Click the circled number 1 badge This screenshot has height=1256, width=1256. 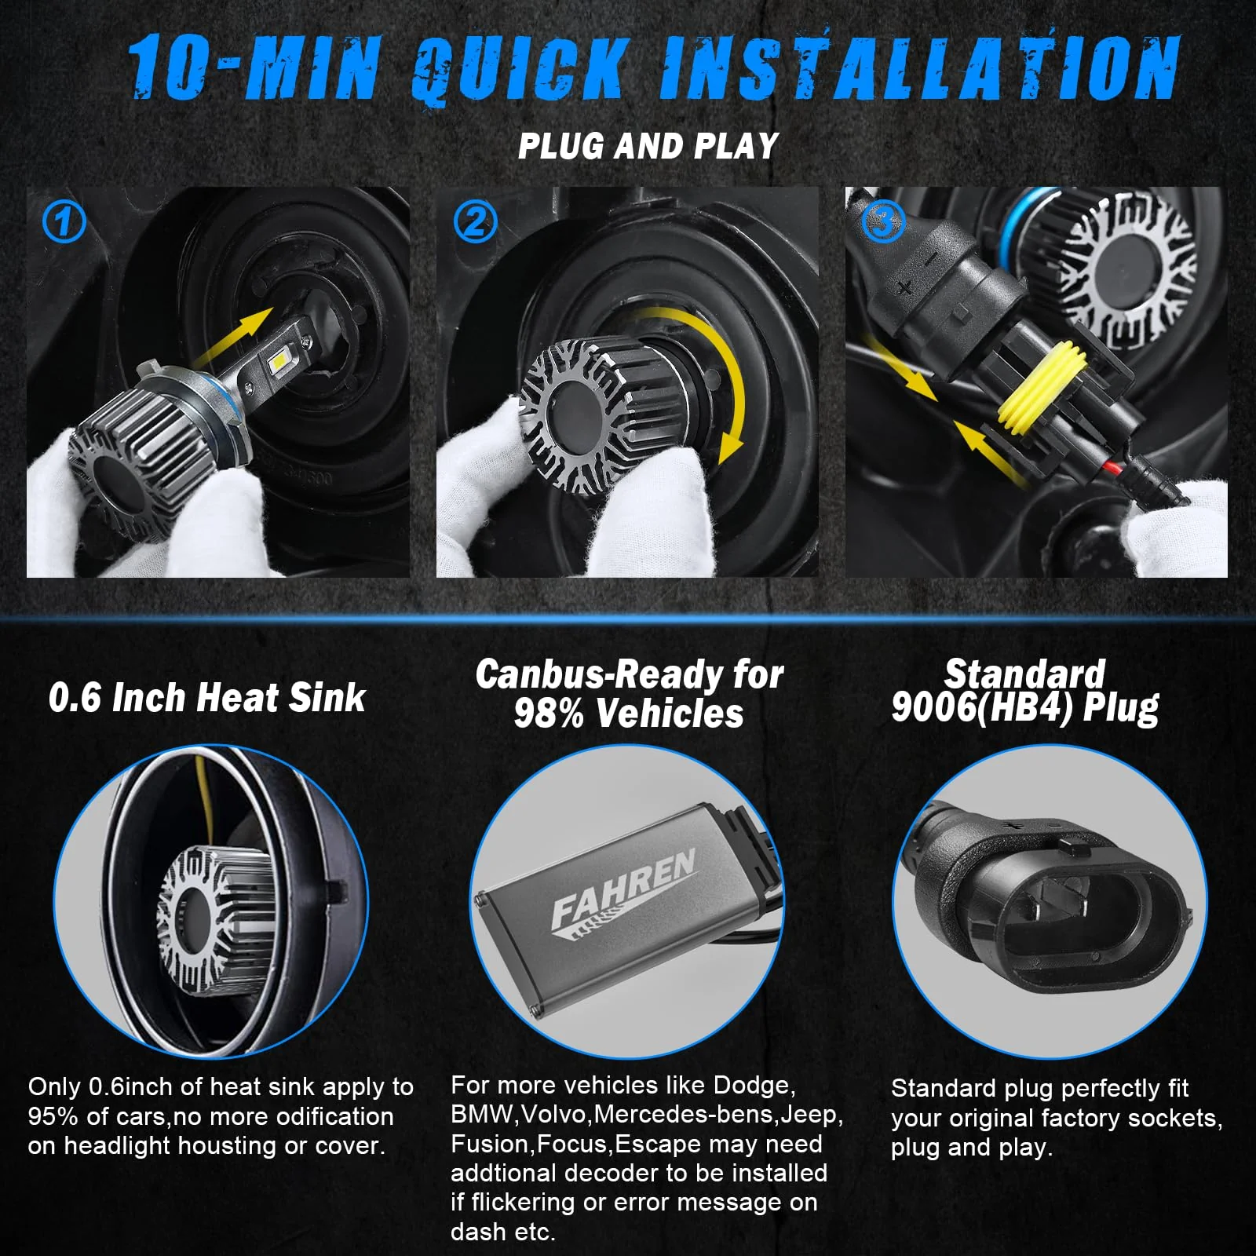click(63, 223)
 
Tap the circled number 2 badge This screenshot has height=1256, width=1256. click(475, 221)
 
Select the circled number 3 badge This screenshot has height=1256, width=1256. click(883, 223)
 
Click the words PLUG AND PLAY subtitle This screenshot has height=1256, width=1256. click(648, 147)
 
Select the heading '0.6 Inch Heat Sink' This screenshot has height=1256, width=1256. click(207, 698)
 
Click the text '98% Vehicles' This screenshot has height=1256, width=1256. click(628, 713)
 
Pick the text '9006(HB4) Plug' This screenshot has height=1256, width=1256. click(1024, 708)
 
